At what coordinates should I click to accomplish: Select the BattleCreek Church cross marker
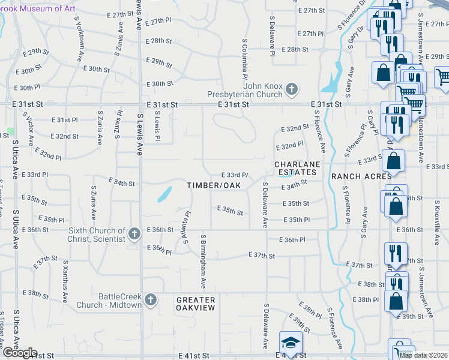151,299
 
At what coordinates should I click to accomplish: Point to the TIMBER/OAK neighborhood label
213,185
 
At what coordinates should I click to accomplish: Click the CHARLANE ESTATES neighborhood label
295,168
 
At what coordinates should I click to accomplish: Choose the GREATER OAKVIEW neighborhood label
195,304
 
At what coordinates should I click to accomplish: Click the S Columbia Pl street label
245,59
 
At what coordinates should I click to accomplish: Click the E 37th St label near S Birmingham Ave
262,256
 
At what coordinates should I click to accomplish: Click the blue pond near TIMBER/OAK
163,194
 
